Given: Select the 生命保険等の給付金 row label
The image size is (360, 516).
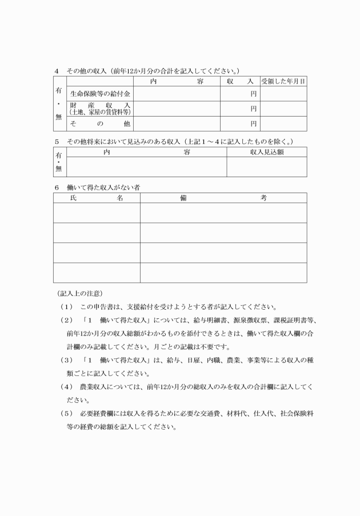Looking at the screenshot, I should click(x=100, y=93).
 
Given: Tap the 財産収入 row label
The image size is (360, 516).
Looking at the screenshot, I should click(x=100, y=109).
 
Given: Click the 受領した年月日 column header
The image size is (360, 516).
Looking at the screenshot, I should click(x=283, y=82).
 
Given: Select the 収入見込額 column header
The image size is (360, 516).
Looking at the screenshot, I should click(x=266, y=152).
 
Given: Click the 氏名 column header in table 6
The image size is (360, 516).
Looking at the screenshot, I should click(x=97, y=198).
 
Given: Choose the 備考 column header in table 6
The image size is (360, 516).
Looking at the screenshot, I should click(x=223, y=198).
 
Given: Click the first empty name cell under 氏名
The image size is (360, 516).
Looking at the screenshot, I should click(x=97, y=213).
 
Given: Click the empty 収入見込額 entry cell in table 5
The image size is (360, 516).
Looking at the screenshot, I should click(x=266, y=167).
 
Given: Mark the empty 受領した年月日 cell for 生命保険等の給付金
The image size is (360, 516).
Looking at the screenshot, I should click(x=283, y=93).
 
